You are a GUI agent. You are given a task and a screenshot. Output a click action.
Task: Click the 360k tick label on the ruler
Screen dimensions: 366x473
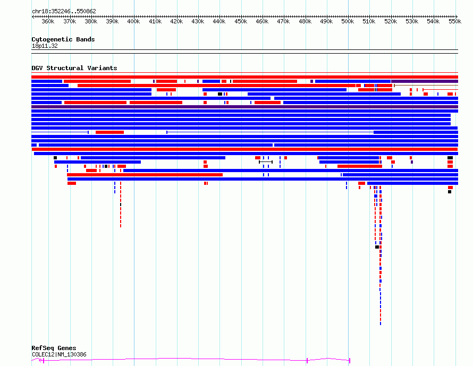click(48, 22)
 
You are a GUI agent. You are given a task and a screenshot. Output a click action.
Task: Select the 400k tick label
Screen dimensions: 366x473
click(133, 22)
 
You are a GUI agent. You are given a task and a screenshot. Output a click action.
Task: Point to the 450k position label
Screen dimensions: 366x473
click(241, 22)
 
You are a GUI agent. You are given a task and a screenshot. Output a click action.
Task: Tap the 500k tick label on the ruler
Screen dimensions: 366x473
click(348, 22)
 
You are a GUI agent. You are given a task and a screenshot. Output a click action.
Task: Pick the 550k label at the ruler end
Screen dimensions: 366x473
click(454, 22)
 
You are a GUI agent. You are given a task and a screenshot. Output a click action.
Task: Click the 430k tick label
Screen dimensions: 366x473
click(198, 22)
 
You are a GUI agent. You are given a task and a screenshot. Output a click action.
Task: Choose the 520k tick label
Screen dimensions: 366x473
click(391, 22)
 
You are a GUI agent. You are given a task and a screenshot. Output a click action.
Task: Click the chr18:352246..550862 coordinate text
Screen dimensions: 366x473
click(64, 11)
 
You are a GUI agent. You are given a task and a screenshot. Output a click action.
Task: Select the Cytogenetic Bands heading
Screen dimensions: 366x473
click(63, 39)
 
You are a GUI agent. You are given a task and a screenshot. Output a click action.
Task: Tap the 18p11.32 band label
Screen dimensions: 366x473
click(45, 46)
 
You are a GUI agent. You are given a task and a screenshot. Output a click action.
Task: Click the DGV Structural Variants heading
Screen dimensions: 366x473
click(74, 68)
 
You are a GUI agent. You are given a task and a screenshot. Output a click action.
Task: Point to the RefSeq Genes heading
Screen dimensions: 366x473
click(54, 348)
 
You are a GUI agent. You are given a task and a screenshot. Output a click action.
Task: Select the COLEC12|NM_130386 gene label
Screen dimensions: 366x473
click(59, 354)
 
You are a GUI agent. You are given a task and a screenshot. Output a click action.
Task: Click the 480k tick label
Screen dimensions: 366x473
click(305, 22)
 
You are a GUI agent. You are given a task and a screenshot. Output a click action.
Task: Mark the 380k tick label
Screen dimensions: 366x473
click(91, 22)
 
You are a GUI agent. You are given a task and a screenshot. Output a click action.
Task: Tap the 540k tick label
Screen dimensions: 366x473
click(433, 22)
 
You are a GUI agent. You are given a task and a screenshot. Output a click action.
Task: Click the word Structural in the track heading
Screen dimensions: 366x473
click(83, 68)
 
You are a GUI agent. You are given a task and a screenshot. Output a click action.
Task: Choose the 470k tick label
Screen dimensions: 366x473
click(283, 22)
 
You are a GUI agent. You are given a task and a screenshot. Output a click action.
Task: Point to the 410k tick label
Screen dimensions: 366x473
click(155, 22)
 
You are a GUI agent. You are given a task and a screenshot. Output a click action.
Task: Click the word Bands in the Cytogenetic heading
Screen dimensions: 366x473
click(86, 39)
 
